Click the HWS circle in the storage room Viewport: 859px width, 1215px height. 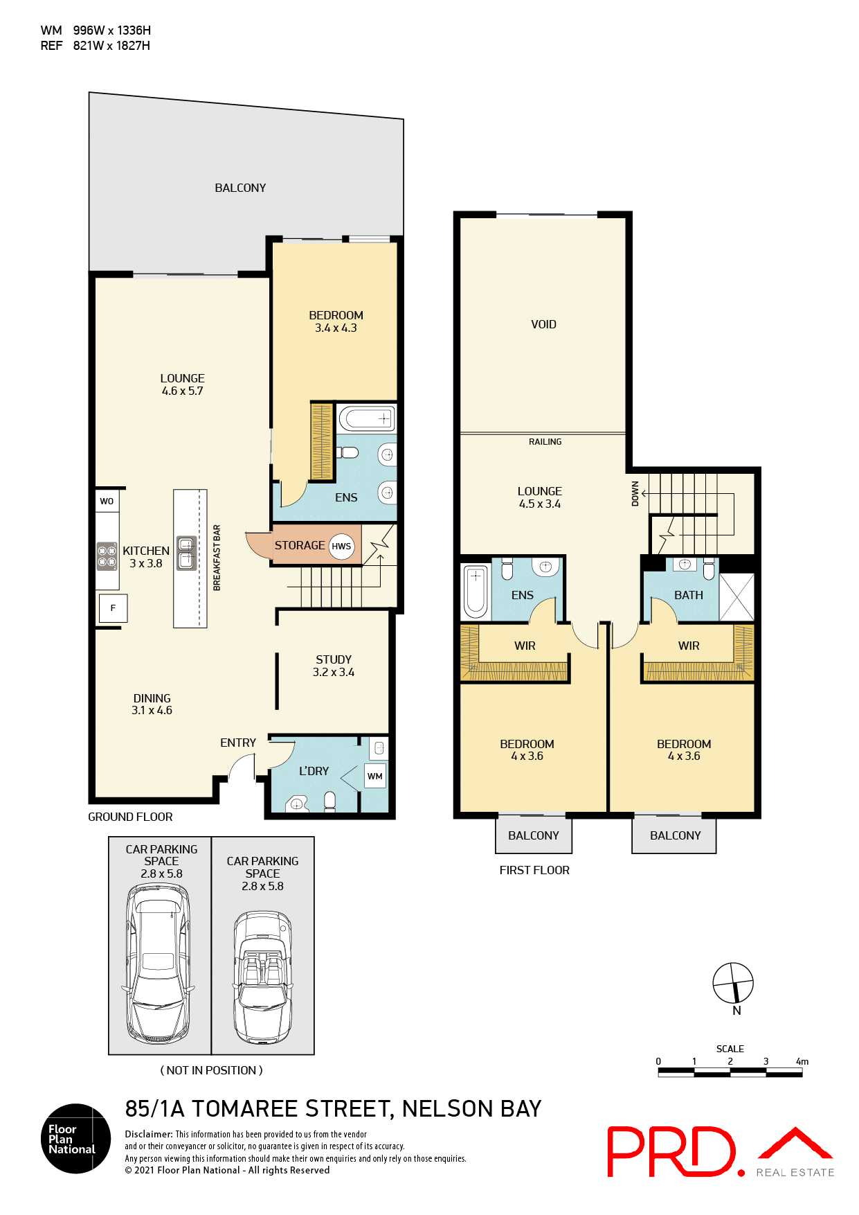341,546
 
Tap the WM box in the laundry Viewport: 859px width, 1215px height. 375,776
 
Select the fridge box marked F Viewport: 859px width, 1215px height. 113,608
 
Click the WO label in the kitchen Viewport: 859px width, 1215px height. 107,501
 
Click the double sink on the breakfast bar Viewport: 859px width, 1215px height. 186,553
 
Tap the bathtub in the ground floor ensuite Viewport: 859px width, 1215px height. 366,418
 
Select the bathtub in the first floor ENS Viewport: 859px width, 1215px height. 476,592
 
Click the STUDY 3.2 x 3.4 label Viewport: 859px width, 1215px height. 334,666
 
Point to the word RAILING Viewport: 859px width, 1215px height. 545,442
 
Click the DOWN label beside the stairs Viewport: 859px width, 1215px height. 635,494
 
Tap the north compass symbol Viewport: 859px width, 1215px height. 733,982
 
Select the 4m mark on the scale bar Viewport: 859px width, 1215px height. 802,1061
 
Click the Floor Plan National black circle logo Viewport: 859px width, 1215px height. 75,1138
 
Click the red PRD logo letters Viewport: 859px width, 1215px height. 670,1152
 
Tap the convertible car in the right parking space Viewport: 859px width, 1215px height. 262,977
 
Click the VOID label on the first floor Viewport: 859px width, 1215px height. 543,324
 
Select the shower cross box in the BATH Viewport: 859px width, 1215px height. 736,597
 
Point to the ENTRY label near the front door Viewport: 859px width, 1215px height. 238,743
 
